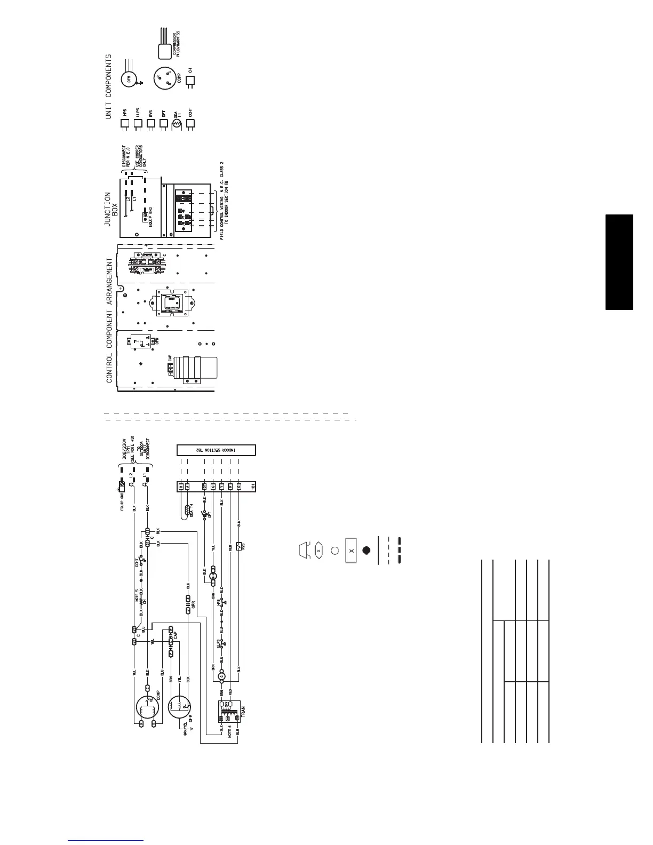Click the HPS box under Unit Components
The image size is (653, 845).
point(125,124)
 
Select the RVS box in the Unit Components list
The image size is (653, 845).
point(150,124)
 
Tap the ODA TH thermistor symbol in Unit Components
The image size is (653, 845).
point(177,124)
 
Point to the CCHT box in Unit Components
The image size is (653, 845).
point(190,124)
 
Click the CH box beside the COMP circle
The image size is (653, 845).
point(190,81)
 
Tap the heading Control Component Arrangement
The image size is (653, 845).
point(109,320)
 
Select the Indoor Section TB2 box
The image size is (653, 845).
point(216,450)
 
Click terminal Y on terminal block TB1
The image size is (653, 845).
point(221,487)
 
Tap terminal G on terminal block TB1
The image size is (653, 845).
point(213,487)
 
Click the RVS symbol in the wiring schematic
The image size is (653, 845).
point(238,546)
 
